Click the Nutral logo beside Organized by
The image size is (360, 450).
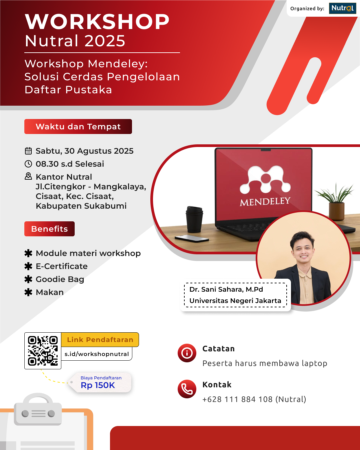pyautogui.click(x=342, y=8)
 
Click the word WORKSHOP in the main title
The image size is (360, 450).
pyautogui.click(x=97, y=22)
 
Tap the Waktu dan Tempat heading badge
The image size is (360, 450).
pyautogui.click(x=78, y=127)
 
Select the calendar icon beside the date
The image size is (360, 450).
pyautogui.click(x=28, y=151)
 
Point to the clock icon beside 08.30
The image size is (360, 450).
pyautogui.click(x=28, y=164)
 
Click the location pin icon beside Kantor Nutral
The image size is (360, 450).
pyautogui.click(x=28, y=176)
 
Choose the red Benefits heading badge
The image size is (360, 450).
pyautogui.click(x=49, y=229)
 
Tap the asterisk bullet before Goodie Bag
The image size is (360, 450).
pyautogui.click(x=28, y=279)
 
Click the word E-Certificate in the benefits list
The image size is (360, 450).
pyautogui.click(x=62, y=266)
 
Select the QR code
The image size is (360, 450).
pyautogui.click(x=43, y=351)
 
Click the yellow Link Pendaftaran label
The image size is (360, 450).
pyautogui.click(x=100, y=340)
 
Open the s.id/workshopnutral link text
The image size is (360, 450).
pyautogui.click(x=97, y=354)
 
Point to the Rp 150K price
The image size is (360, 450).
pyautogui.click(x=98, y=385)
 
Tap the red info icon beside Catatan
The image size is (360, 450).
pyautogui.click(x=187, y=353)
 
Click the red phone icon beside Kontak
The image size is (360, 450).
pyautogui.click(x=187, y=389)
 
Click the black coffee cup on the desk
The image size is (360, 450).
pyautogui.click(x=194, y=219)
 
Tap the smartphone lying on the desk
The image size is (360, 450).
pyautogui.click(x=192, y=238)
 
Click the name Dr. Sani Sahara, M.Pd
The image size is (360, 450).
pyautogui.click(x=226, y=289)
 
